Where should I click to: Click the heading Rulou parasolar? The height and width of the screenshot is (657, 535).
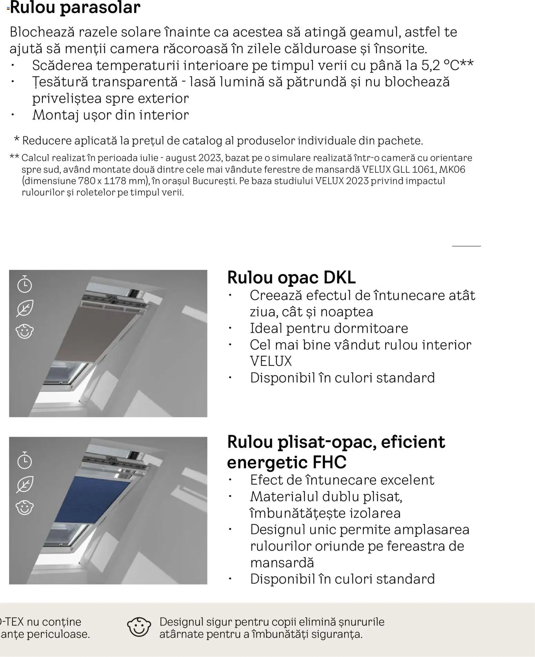[75, 8]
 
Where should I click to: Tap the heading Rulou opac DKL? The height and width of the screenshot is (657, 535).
[291, 277]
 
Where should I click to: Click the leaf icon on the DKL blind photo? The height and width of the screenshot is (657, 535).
[25, 308]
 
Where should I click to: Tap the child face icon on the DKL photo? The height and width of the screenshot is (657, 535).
[25, 331]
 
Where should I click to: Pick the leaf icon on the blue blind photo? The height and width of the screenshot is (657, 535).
[25, 484]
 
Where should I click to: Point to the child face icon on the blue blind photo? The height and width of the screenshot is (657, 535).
[25, 507]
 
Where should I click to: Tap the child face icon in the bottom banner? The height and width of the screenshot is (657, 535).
[139, 627]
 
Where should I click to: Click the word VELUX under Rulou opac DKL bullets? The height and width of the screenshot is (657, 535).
[271, 361]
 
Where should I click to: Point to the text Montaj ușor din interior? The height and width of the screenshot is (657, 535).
[110, 115]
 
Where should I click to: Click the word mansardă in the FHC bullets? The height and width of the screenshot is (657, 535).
[282, 562]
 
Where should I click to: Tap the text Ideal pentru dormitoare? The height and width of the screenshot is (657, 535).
[329, 328]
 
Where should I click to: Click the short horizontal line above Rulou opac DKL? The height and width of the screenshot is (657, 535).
[466, 246]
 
